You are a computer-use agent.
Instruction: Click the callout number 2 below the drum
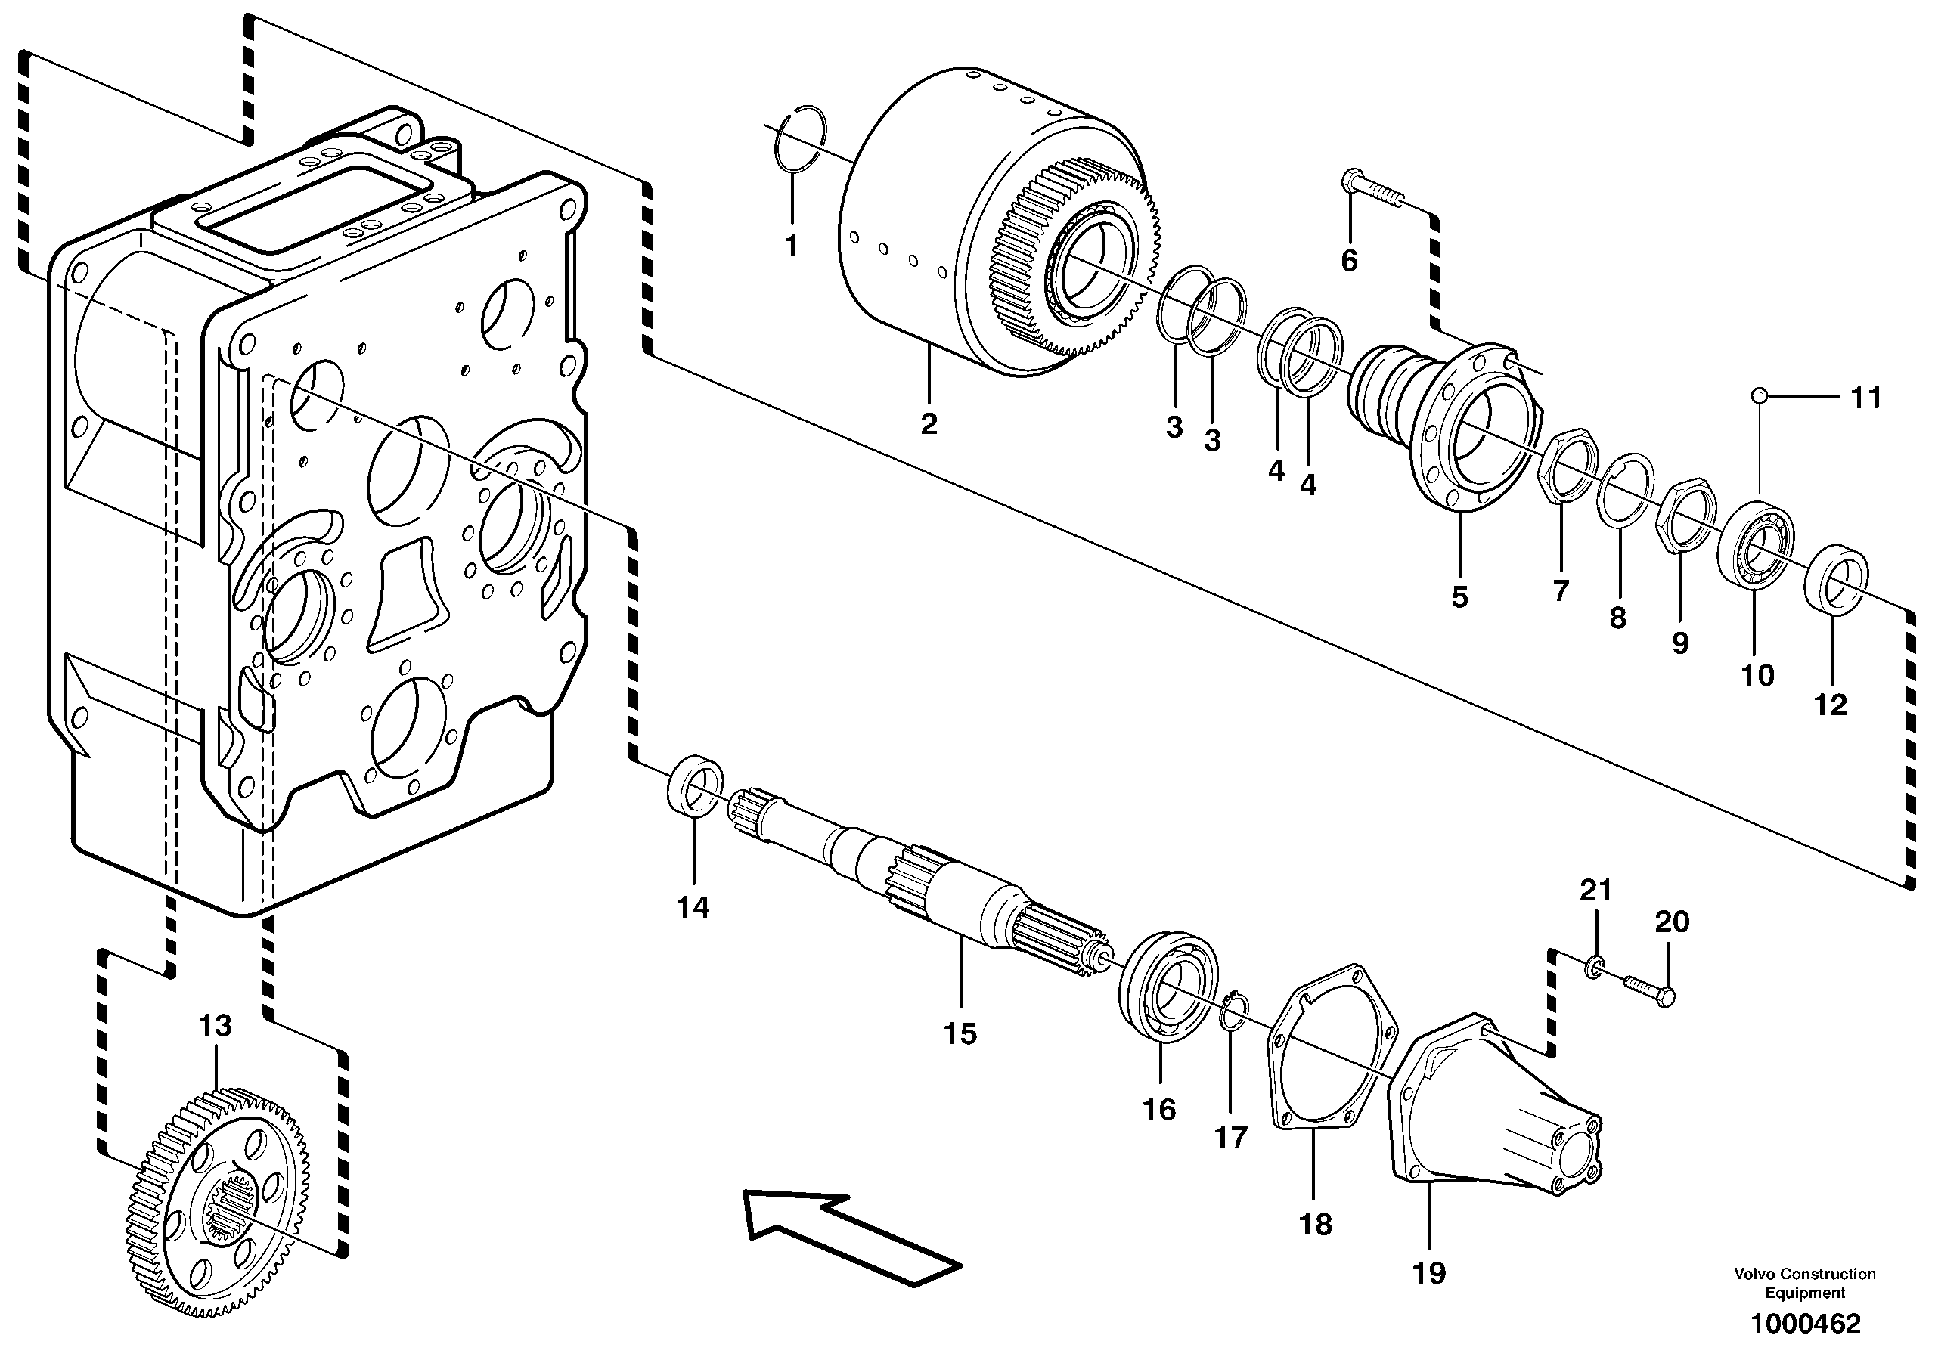(x=929, y=424)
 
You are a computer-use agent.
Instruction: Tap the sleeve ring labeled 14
(x=694, y=785)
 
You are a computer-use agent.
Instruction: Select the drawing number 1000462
(x=1804, y=1324)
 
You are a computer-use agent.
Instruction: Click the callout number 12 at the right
(x=1830, y=705)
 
